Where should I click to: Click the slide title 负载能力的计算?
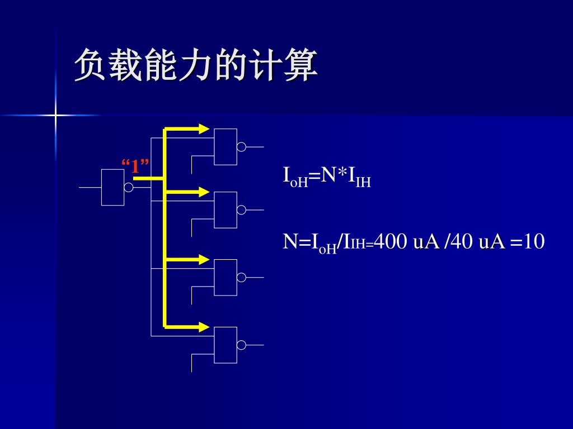[196, 66]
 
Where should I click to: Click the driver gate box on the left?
[112, 187]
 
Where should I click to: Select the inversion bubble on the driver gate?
[129, 187]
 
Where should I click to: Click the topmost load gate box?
[226, 147]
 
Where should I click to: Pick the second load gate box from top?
[226, 209]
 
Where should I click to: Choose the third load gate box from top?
[226, 277]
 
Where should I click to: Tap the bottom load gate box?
[226, 345]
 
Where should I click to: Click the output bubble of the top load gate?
[241, 147]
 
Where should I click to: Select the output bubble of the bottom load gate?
[241, 345]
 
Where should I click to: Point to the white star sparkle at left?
[55, 116]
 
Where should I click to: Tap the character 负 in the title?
[91, 66]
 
